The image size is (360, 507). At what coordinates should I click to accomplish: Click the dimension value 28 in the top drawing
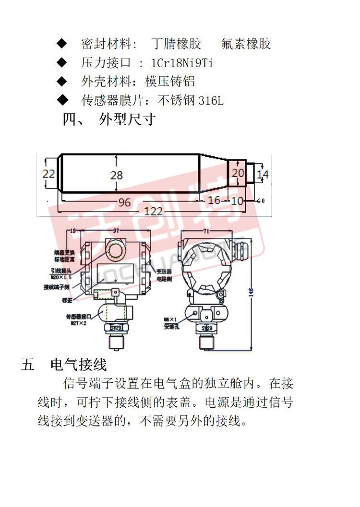click(x=117, y=175)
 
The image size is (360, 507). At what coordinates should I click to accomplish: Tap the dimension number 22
click(x=48, y=174)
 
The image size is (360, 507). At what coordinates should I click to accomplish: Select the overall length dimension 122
click(x=154, y=212)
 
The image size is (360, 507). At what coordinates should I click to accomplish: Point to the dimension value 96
click(x=124, y=202)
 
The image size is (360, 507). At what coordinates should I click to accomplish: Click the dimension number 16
click(x=214, y=200)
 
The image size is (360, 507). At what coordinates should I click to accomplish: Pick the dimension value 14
click(x=263, y=174)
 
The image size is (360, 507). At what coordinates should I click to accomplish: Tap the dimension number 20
click(x=238, y=173)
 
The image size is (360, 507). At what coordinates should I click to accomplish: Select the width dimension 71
click(x=207, y=232)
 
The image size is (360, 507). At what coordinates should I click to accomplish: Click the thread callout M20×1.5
click(x=61, y=277)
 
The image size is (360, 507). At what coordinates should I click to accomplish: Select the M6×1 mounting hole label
click(x=170, y=319)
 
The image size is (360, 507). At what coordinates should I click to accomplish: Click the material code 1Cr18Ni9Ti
click(x=182, y=63)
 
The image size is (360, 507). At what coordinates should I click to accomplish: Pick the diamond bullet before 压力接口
click(x=62, y=62)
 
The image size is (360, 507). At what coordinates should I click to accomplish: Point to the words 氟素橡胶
click(x=246, y=44)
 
